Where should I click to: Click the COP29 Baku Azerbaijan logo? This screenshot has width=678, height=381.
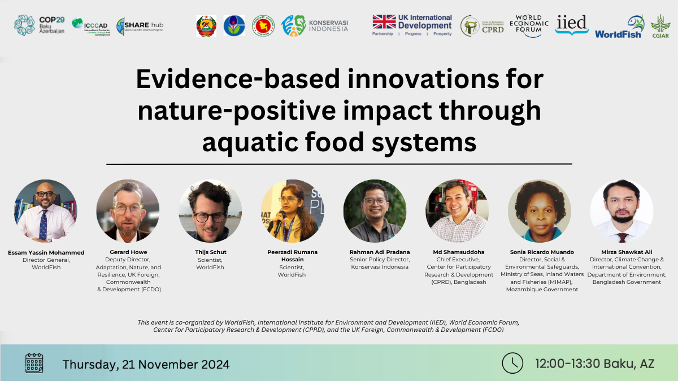(39, 25)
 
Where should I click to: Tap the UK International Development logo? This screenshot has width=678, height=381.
(412, 25)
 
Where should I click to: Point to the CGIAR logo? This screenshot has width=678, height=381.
(660, 27)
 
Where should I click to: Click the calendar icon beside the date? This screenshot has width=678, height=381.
(34, 363)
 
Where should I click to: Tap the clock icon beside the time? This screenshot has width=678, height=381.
(512, 363)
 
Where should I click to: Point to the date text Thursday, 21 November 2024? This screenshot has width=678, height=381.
(146, 364)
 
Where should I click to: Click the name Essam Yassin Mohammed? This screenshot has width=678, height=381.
(46, 252)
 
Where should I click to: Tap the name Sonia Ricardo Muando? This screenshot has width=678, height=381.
(539, 252)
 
